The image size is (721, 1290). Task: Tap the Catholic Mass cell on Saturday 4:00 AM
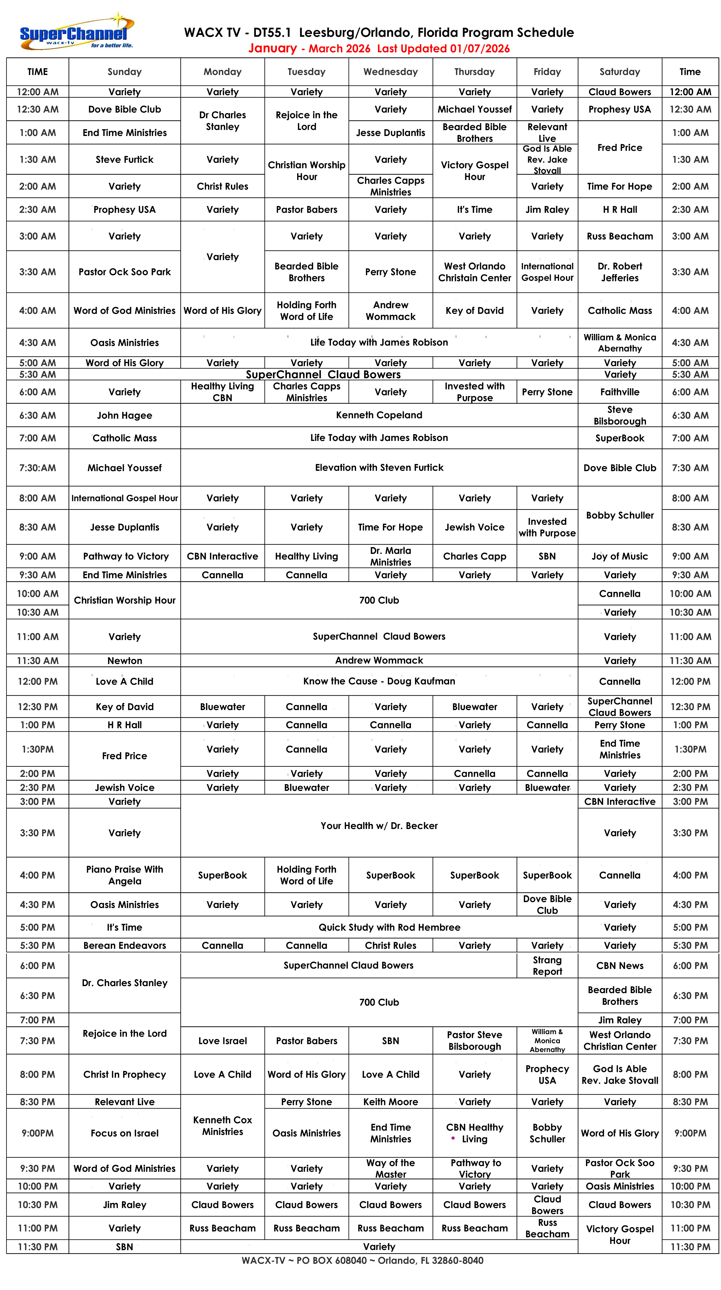(x=619, y=310)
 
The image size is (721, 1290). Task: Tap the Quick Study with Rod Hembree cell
(x=389, y=927)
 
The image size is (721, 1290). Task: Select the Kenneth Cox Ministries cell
(x=222, y=1125)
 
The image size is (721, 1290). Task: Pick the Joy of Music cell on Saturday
(x=619, y=556)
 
